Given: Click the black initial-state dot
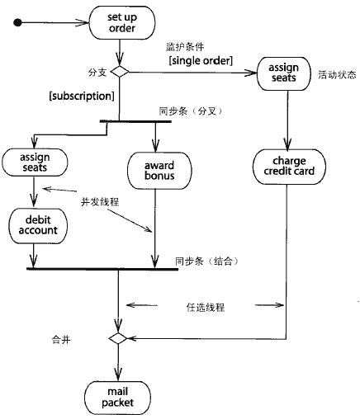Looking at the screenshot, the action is coord(17,22).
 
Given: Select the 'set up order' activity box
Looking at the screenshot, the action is coord(122,23).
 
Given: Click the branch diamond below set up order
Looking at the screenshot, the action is coord(120,72).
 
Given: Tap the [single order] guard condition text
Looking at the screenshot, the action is coord(201,60).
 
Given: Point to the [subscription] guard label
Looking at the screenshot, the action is coord(82,96).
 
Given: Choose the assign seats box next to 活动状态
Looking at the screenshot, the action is coord(284,73).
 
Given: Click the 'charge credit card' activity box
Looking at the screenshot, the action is coord(289,167).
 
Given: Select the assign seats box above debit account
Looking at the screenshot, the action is coord(35,162).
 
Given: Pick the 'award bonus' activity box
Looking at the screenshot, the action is coord(159,171).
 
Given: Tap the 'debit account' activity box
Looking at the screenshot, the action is coord(38,226).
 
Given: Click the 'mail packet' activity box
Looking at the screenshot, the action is coord(117,398).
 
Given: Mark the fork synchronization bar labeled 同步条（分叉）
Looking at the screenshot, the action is coord(135,121).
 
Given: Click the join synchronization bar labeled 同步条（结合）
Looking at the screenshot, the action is coord(102,269).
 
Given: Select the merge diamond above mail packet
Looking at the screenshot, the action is coord(118,338).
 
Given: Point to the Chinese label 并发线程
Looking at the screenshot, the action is coord(100,202).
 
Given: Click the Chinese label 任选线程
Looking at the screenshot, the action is coord(206,307).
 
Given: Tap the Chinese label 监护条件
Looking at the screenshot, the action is coord(185,47).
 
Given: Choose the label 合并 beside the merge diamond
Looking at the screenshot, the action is coord(61,340).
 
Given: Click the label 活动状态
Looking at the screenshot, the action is coord(337,75).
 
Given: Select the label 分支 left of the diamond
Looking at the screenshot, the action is coord(97,73).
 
